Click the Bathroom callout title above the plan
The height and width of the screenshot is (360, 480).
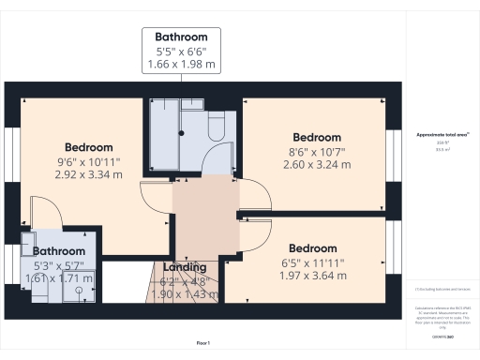[181, 37]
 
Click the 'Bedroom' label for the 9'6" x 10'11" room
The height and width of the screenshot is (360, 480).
[88, 147]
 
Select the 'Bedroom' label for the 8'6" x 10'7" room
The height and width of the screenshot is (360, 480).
[316, 137]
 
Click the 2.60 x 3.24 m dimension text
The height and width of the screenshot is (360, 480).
[316, 164]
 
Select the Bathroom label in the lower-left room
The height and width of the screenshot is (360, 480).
[59, 251]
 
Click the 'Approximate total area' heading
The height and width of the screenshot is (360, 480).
[442, 135]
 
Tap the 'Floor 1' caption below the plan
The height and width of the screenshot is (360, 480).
[202, 345]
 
